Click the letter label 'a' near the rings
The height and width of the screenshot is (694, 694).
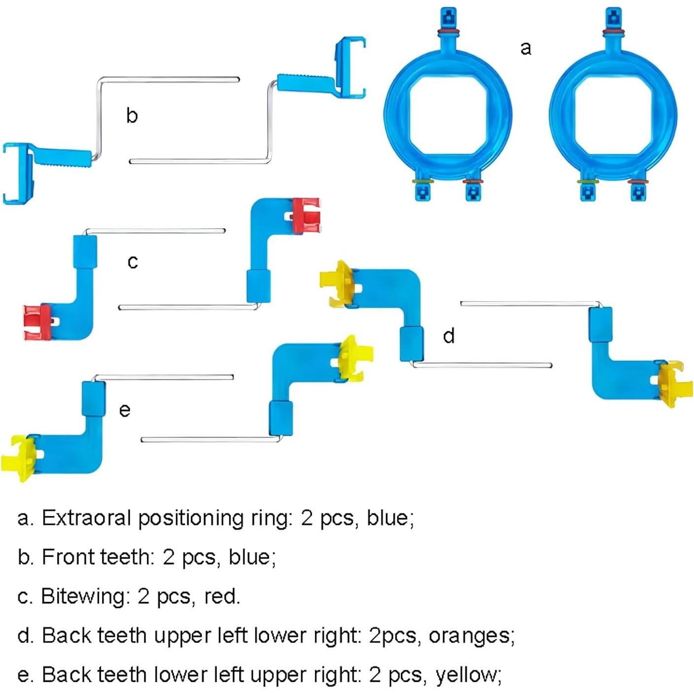[526, 48]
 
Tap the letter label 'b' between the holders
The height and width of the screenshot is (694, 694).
[132, 115]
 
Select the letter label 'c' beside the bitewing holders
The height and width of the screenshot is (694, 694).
[133, 261]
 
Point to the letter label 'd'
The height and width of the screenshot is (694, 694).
[449, 336]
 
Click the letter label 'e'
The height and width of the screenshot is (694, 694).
[125, 410]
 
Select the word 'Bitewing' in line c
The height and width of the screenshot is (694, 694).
[85, 596]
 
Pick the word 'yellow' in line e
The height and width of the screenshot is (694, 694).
[467, 675]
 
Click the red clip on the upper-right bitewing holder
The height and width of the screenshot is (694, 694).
[306, 214]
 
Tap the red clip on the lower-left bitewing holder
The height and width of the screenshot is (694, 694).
[37, 322]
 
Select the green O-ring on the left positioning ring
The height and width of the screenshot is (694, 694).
[423, 182]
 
